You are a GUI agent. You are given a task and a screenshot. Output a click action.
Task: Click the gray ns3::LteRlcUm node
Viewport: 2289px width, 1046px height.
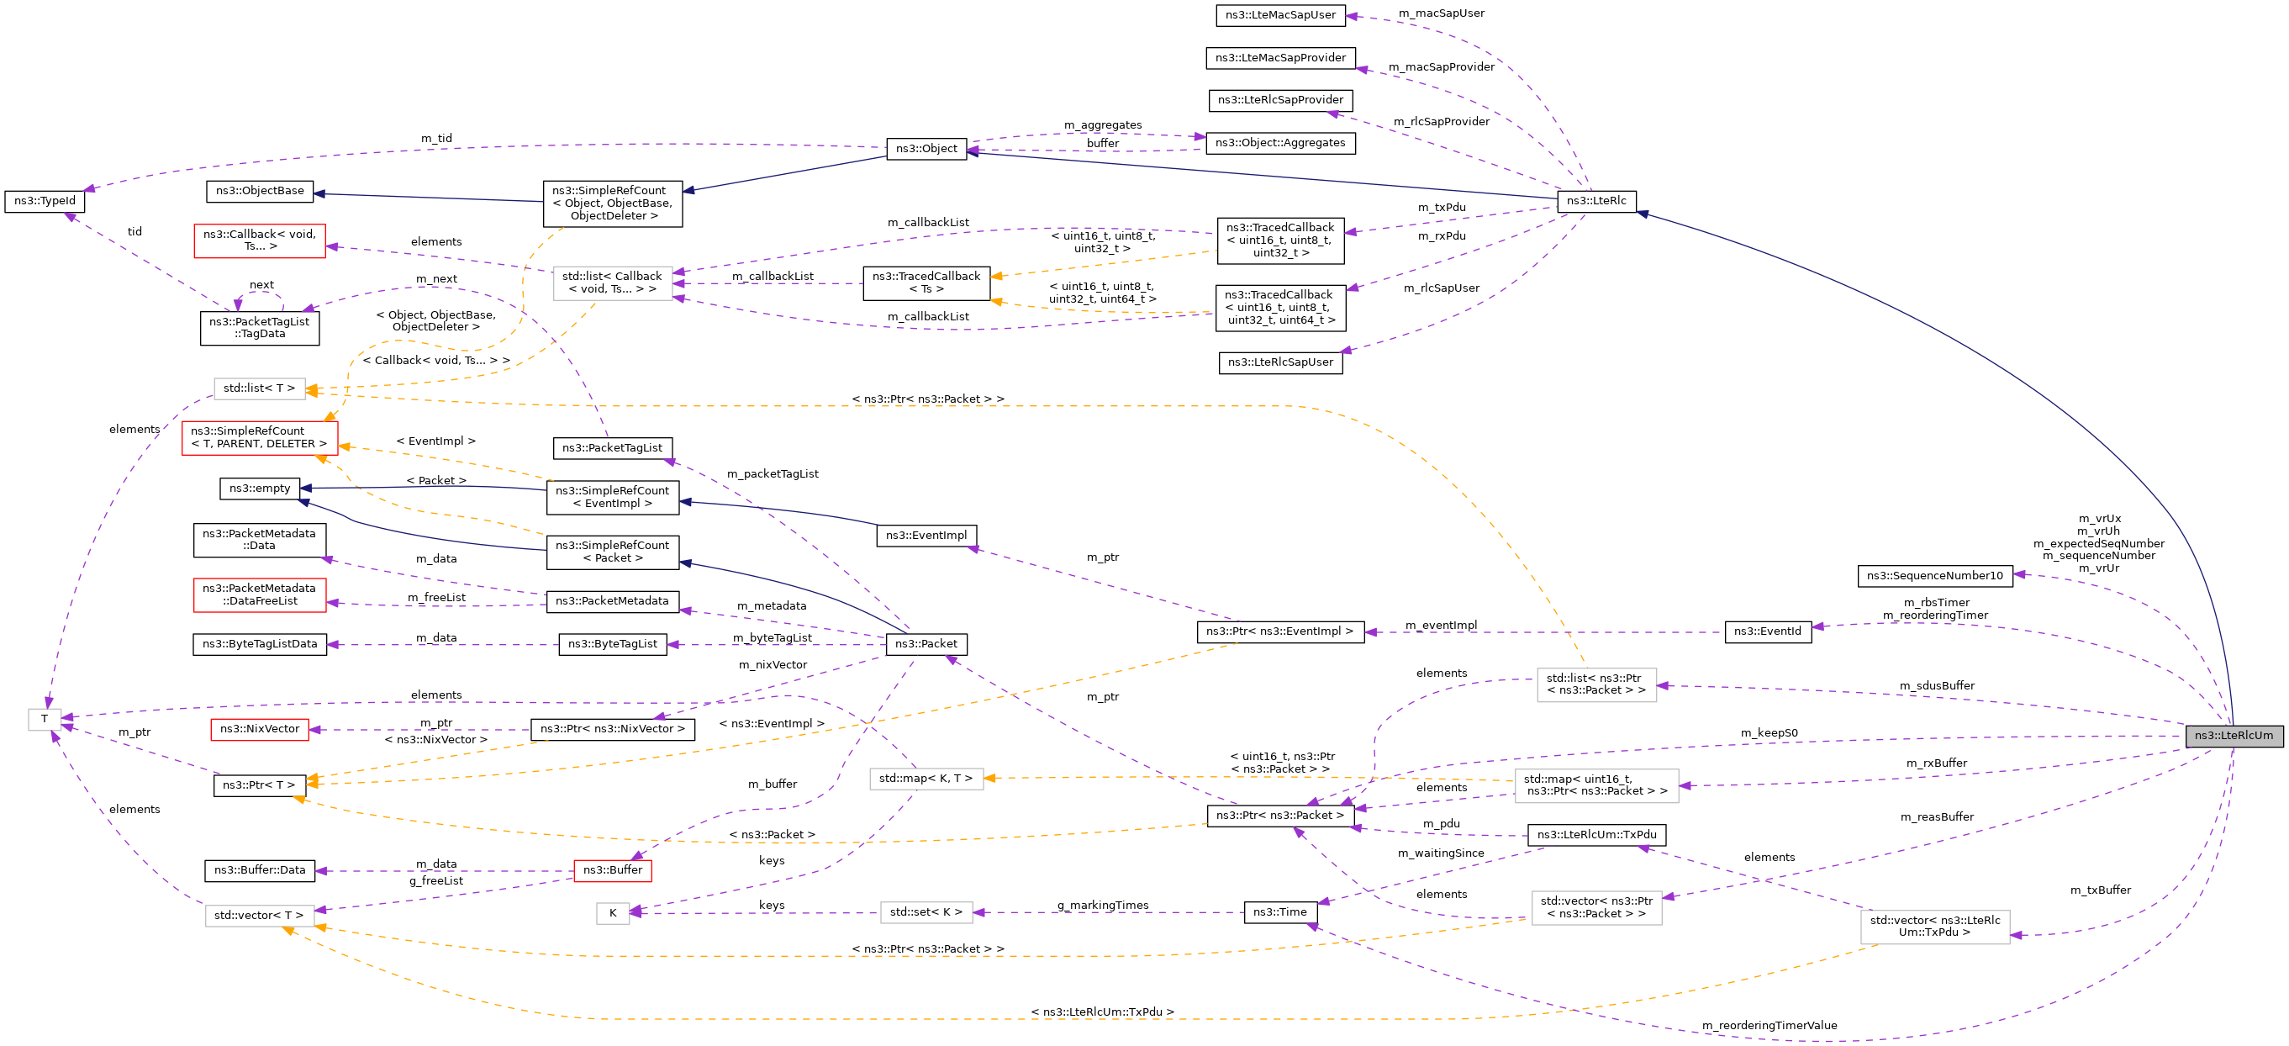[x=2233, y=735]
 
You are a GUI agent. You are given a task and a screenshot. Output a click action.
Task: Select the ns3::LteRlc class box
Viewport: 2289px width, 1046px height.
[x=1595, y=201]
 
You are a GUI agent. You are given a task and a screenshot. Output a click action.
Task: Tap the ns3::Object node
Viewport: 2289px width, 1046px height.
[x=926, y=149]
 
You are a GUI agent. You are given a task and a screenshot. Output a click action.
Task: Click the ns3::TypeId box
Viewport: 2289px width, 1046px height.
[x=45, y=201]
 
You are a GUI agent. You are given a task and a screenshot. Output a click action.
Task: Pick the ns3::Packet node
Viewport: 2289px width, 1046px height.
[x=926, y=643]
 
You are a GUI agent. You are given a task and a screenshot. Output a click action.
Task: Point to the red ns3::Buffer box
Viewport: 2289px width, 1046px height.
[x=612, y=870]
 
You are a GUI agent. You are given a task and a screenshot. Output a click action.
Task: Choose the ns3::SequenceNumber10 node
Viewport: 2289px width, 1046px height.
[x=1934, y=576]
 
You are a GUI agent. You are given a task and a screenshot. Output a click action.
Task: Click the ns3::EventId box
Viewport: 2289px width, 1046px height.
[x=1768, y=631]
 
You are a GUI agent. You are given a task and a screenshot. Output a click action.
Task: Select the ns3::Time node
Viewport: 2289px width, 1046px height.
[x=1279, y=911]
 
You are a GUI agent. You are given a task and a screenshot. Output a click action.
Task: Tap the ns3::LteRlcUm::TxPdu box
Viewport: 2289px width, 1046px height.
[x=1595, y=834]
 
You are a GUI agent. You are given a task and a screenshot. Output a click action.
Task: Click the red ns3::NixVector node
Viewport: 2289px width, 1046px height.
[x=260, y=729]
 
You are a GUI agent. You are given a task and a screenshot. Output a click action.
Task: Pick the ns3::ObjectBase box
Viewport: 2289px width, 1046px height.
[x=260, y=190]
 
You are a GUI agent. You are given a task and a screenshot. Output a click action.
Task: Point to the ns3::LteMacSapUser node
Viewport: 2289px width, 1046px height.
[x=1279, y=15]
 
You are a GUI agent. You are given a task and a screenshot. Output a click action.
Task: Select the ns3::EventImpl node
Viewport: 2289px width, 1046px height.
[x=926, y=535]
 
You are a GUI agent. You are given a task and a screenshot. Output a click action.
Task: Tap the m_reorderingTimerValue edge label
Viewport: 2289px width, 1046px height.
[x=1769, y=1026]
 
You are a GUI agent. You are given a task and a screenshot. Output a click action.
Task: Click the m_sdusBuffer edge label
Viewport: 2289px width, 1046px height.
[x=1936, y=685]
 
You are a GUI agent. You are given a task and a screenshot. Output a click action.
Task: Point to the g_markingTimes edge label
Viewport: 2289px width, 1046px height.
[x=1102, y=905]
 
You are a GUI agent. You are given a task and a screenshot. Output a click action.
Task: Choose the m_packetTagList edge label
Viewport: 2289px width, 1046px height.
[x=773, y=473]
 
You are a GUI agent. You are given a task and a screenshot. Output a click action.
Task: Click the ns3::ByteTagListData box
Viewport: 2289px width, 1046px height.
[x=260, y=643]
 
